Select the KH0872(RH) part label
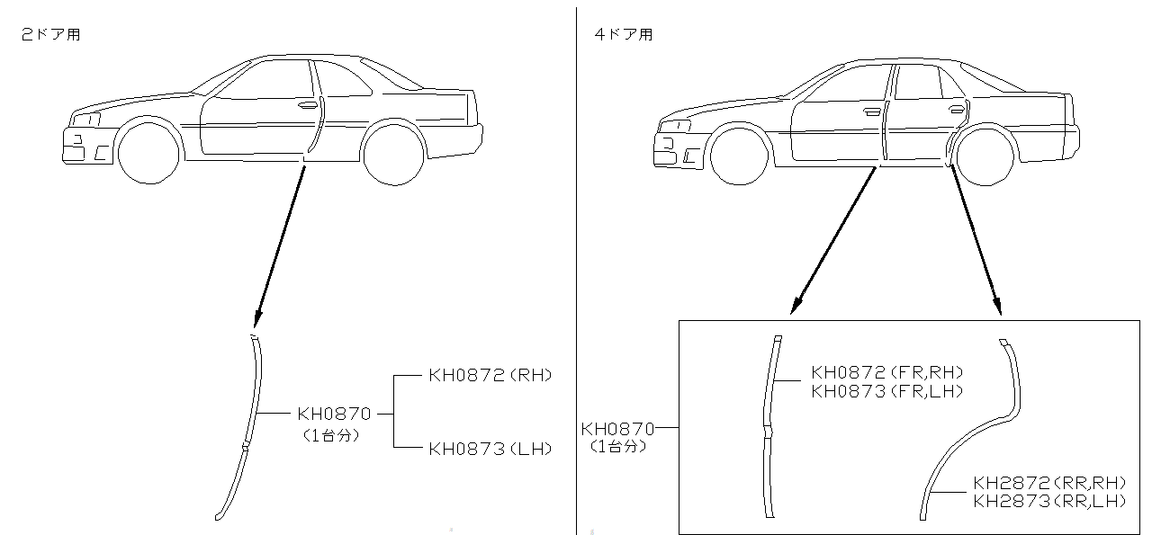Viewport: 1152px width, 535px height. tap(490, 375)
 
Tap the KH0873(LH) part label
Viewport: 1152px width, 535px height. tap(490, 448)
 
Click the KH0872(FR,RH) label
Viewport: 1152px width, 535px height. tap(886, 372)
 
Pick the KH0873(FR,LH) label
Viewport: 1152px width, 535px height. tap(886, 391)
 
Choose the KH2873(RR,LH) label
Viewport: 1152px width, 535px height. tap(1049, 502)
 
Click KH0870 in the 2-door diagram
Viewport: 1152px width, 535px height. tap(334, 414)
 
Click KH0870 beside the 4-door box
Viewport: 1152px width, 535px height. tap(617, 429)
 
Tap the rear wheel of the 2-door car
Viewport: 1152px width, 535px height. tap(392, 155)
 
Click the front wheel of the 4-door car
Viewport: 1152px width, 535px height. tap(739, 156)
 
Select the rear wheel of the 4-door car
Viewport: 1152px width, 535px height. tap(985, 156)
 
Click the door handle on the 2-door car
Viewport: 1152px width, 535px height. tap(309, 105)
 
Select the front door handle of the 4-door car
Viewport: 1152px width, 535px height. tap(870, 113)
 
